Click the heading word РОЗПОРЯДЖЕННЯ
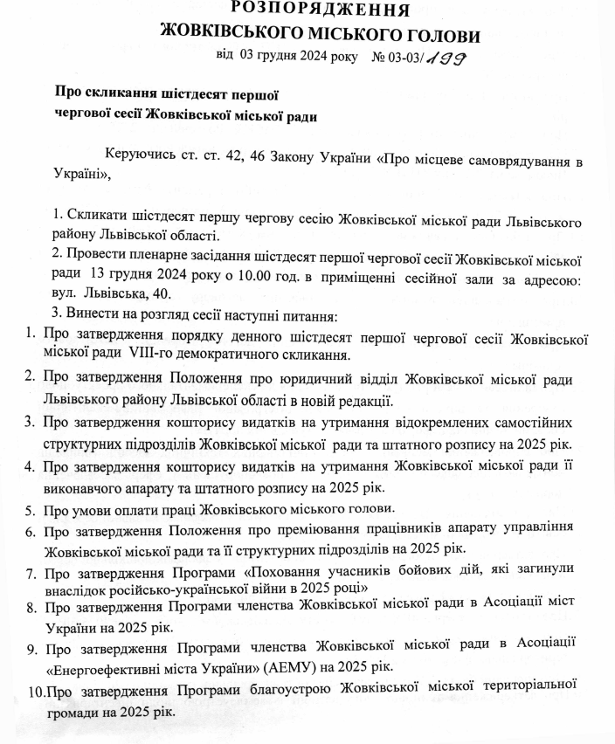click(x=320, y=10)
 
